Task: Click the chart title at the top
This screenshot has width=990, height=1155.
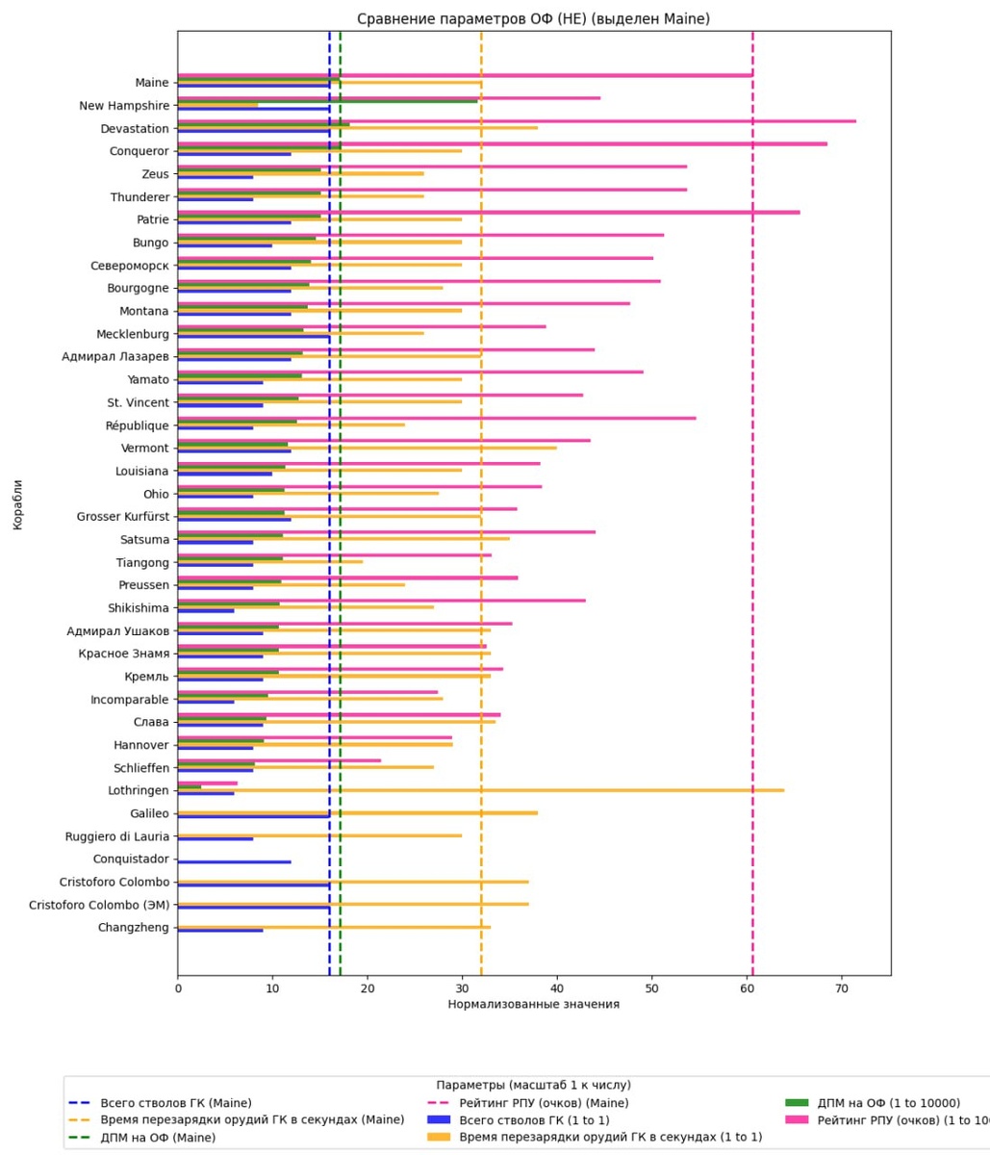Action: tap(533, 19)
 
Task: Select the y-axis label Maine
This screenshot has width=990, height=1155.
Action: tap(152, 83)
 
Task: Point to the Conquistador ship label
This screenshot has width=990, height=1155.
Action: tap(131, 860)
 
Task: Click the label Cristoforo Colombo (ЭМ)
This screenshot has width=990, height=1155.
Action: tap(99, 905)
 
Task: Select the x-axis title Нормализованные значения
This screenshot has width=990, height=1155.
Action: tap(533, 1005)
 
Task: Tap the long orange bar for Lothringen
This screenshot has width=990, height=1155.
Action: tap(481, 790)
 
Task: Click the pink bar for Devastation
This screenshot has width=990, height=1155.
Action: tap(517, 121)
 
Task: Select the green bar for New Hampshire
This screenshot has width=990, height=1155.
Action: tap(327, 101)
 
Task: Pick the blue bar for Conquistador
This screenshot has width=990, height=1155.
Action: tap(234, 862)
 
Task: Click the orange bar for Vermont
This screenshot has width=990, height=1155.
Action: tap(367, 448)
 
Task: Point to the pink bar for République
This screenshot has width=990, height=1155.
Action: tap(437, 418)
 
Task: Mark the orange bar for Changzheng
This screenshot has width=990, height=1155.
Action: tap(334, 928)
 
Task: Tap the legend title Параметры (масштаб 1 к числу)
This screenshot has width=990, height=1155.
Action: tap(533, 1085)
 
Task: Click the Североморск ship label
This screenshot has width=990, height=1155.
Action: tap(130, 265)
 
